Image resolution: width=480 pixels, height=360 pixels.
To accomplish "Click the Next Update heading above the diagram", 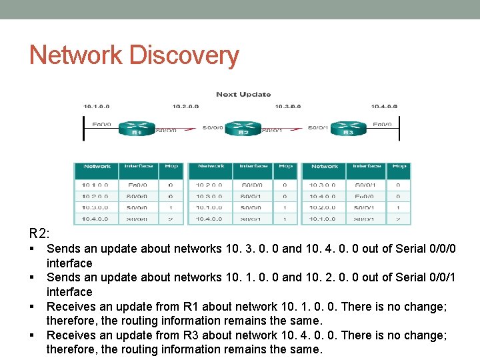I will [243, 94].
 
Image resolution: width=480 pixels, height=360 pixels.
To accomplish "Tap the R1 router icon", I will [137, 128].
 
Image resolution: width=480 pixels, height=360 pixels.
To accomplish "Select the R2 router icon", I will [243, 128].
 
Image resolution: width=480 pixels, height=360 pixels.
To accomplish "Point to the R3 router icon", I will [348, 128].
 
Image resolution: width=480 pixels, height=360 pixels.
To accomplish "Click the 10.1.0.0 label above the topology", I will [96, 106].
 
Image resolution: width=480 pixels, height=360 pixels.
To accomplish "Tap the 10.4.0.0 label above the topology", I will [384, 106].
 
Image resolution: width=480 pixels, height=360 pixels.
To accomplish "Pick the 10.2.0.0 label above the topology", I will [186, 106].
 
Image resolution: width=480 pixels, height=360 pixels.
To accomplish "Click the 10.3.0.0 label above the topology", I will [287, 106].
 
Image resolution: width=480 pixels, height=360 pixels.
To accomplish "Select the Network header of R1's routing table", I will [97, 167].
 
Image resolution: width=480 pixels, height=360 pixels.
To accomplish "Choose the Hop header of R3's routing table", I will [399, 167].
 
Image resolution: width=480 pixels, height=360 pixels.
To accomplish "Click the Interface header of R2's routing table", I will [253, 167].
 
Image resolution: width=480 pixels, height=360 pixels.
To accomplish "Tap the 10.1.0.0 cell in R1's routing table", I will [96, 185].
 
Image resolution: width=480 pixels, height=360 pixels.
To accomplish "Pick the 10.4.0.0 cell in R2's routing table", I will [209, 218].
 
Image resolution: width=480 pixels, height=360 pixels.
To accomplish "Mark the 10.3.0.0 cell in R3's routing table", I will [323, 185].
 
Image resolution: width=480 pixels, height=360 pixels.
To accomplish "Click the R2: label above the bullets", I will [39, 234].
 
